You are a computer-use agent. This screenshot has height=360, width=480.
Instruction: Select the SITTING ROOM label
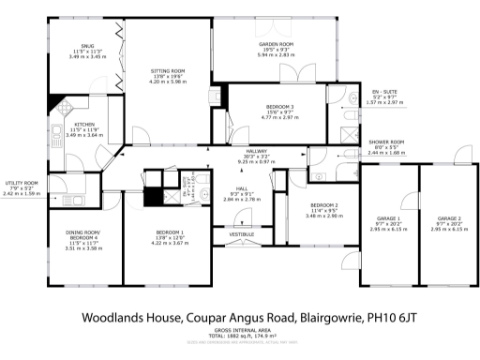169,70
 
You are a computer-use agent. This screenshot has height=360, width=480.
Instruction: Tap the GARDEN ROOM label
277,44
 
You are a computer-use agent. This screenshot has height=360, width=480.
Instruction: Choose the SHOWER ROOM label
384,141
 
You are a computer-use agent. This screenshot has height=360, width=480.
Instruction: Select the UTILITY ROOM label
22,183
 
